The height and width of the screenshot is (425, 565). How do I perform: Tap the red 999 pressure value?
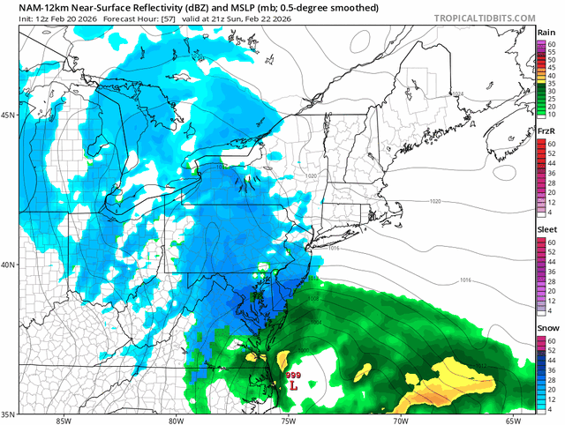click(x=293, y=375)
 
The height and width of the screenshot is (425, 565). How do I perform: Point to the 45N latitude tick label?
click(x=9, y=115)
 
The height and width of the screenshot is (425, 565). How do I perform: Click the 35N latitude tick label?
click(x=9, y=413)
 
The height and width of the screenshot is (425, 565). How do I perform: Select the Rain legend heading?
click(x=546, y=32)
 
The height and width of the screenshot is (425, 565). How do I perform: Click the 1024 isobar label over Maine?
click(x=456, y=93)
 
